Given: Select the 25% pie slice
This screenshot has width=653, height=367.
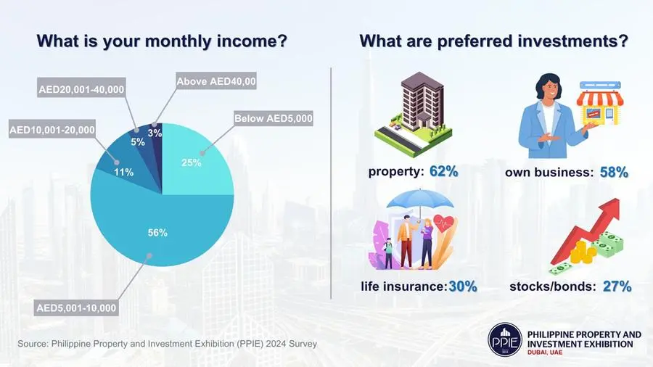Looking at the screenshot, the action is (x=192, y=162).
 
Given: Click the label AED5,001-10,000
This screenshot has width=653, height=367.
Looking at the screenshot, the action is (x=76, y=308).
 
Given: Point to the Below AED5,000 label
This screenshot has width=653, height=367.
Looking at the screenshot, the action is (x=274, y=119).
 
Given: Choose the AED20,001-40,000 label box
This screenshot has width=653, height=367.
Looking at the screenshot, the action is (x=81, y=89).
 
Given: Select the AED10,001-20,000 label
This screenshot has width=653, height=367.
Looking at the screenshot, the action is (x=52, y=131).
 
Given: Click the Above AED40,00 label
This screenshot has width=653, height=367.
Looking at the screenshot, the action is (x=216, y=81).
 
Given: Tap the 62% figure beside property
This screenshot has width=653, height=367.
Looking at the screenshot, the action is (x=444, y=171).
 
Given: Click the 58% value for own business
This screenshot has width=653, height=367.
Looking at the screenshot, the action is (x=614, y=173).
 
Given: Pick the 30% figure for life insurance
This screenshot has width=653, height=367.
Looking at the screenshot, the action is (x=463, y=286).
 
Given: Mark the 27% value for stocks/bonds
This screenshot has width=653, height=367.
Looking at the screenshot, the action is (x=617, y=286).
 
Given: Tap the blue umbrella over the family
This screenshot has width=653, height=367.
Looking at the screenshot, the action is (x=420, y=199).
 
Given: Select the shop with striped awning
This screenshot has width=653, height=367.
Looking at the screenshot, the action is (x=600, y=104).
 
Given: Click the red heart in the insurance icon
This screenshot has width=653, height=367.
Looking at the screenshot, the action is (x=443, y=224).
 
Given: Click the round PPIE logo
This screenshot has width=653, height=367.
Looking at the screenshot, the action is (x=505, y=339).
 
